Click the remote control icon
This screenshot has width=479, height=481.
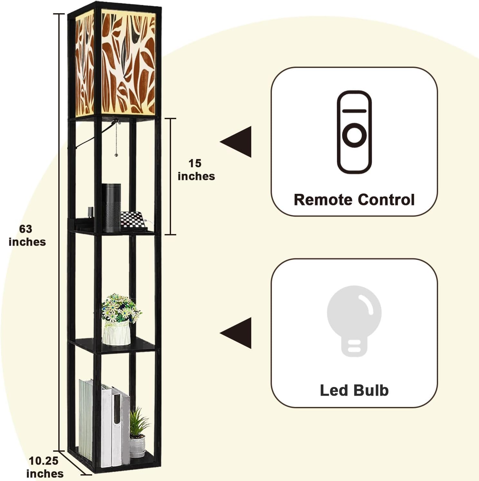coord(354,132)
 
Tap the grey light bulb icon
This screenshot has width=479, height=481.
coord(354,321)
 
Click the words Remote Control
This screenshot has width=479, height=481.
coord(354,200)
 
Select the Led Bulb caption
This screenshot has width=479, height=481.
coord(354,390)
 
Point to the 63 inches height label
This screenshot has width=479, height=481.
coord(27,235)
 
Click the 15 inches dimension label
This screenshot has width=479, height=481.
coord(196,170)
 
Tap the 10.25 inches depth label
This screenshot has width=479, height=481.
coord(45,467)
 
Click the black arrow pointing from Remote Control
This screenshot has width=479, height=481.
coord(236,142)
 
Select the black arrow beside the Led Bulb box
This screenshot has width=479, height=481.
coord(236,333)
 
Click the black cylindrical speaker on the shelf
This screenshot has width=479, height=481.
coord(111,208)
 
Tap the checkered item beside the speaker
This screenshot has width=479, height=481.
coord(133,220)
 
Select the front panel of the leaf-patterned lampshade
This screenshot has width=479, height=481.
coord(128,63)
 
